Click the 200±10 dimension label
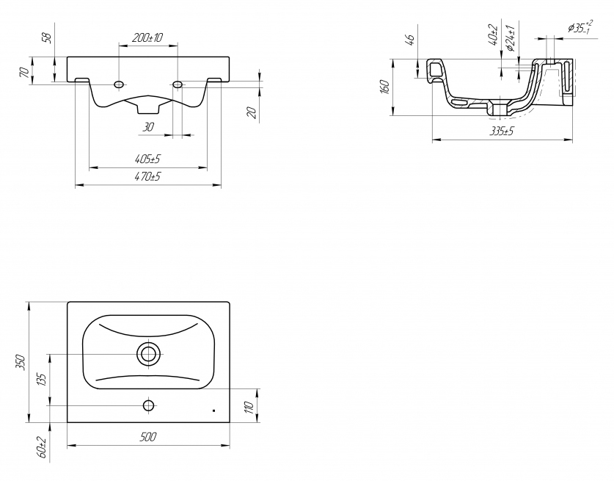tap(147, 37)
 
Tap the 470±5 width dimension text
tap(147, 177)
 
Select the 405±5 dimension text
tap(147, 159)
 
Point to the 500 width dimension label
tap(148, 437)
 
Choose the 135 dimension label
tap(42, 379)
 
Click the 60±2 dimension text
tap(42, 447)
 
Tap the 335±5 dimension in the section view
tap(502, 131)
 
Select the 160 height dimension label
tap(384, 87)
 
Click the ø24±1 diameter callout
tap(510, 37)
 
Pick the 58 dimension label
tap(47, 37)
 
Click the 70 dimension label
tap(24, 73)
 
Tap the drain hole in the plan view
tap(148, 354)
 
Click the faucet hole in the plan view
tap(148, 405)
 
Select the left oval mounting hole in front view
tap(119, 84)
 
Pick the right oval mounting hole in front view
tap(178, 84)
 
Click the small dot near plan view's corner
tap(213, 411)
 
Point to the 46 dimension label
tap(410, 40)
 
